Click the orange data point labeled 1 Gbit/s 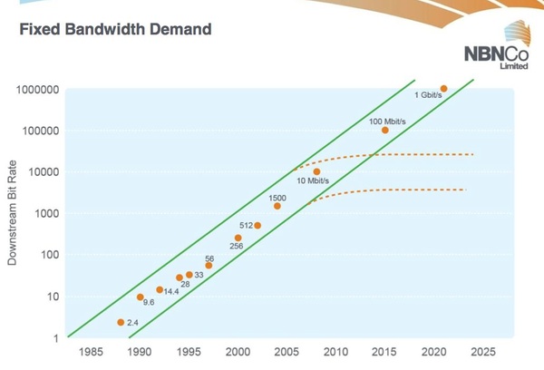click(443, 88)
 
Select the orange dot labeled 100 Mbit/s click(384, 130)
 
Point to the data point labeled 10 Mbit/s click(316, 171)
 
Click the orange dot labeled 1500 click(277, 206)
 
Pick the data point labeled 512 click(257, 225)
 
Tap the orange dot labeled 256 click(238, 238)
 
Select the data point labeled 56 click(209, 266)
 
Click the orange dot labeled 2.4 click(121, 322)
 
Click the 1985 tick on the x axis click(91, 351)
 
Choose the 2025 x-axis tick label click(482, 351)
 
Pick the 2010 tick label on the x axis click(335, 351)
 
